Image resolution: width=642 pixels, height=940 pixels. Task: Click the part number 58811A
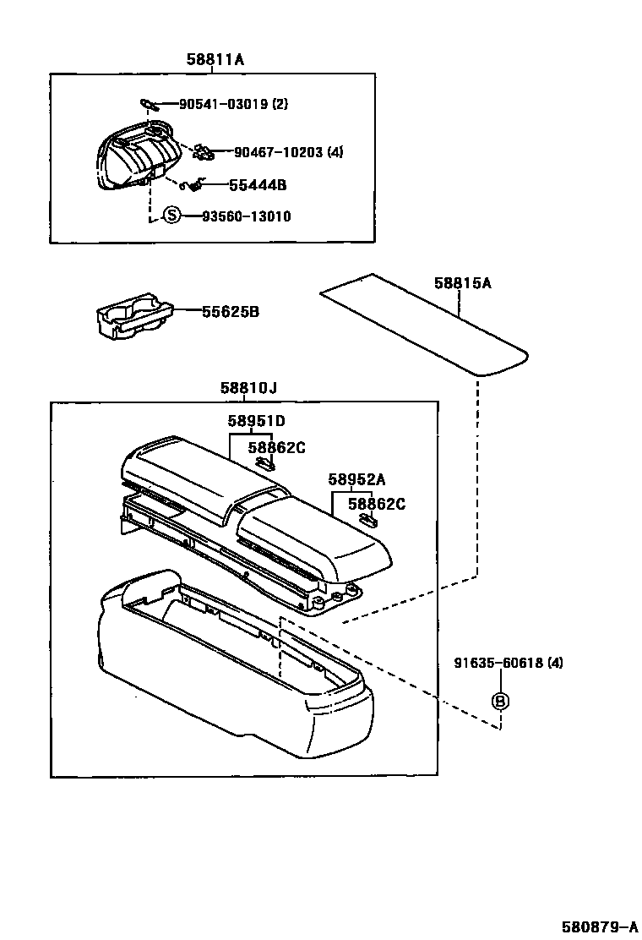215,59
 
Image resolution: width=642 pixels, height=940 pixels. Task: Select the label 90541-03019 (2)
233,104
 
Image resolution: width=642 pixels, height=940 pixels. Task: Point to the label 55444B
258,184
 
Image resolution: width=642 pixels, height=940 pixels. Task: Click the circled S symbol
172,216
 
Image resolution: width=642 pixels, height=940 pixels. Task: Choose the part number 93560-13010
246,216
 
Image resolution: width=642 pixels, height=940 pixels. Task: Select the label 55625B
230,312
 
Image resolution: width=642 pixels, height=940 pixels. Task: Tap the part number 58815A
462,283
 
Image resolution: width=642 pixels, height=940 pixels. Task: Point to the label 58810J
248,388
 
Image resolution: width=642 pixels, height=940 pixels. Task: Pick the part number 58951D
255,420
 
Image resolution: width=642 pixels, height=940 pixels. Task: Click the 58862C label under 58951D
276,447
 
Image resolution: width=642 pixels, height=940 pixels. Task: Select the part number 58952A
356,479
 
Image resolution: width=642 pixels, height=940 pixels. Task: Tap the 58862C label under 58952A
377,504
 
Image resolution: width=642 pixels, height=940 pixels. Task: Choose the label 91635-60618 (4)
507,663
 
